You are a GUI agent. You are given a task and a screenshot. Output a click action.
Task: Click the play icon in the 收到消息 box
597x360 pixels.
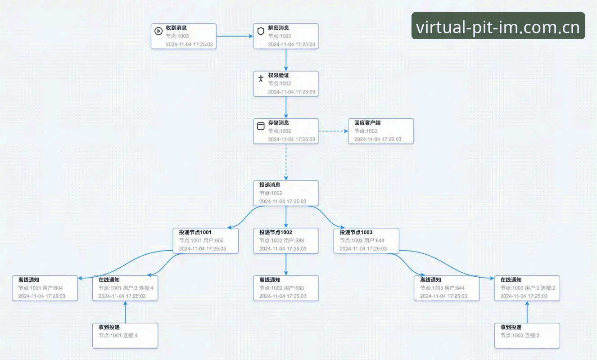pos(158,31)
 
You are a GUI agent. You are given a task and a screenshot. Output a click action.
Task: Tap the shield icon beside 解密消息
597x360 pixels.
pos(261,31)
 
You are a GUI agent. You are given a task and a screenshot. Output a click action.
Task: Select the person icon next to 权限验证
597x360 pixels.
pos(261,78)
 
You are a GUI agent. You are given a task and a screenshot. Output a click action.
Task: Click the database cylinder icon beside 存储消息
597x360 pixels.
pos(261,126)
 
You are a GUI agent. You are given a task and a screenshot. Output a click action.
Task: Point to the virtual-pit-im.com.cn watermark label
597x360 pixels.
pos(498,26)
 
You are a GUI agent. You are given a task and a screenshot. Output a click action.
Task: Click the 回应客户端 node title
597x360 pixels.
pos(367,123)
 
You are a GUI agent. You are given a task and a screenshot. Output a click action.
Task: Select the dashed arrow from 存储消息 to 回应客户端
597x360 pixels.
pos(334,131)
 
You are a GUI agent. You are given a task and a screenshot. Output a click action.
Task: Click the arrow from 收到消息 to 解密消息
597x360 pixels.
pos(235,36)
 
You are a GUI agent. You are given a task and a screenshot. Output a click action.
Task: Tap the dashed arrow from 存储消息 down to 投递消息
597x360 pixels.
pos(286,162)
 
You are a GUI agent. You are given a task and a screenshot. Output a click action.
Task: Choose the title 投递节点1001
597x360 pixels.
pos(195,232)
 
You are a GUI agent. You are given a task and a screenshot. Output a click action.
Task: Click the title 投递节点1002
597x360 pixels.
pos(276,232)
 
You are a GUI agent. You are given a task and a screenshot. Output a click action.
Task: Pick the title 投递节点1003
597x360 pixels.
pos(356,232)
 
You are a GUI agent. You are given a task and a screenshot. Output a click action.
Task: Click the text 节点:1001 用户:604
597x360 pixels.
pos(40,288)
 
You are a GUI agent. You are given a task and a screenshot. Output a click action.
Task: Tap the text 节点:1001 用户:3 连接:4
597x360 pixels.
pos(126,288)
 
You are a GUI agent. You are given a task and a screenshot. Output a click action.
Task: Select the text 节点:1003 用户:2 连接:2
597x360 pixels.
pos(528,288)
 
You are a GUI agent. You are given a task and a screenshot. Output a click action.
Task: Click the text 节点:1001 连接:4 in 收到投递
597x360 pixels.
pos(118,336)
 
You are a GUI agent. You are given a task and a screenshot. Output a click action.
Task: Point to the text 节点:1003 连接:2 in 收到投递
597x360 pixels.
pos(520,336)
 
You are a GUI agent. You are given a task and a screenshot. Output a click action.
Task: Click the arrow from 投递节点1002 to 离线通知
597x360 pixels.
pos(286,264)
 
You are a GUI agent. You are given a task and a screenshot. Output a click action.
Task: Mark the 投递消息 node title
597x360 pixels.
pos(270,185)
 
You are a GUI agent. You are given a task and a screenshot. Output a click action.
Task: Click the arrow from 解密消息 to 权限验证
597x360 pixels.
pos(286,60)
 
